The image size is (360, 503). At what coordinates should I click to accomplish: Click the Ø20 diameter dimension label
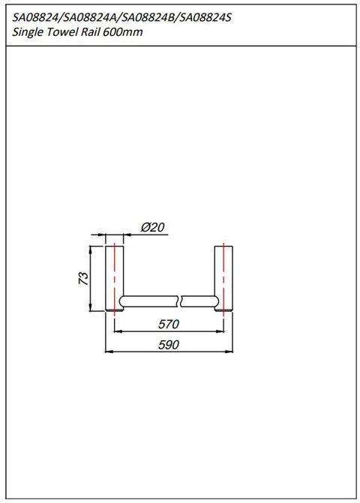click(153, 227)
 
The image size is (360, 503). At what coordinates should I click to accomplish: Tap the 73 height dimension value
click(83, 278)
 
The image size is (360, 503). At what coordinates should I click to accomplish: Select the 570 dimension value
click(169, 325)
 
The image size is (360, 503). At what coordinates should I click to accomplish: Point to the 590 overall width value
click(169, 345)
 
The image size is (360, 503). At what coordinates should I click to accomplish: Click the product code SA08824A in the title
click(91, 18)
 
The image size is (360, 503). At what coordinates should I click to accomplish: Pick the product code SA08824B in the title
click(149, 18)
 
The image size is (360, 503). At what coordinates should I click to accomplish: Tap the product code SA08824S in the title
click(205, 18)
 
